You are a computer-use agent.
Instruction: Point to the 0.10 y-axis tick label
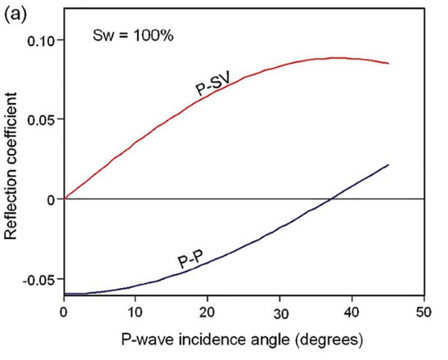(x=41, y=40)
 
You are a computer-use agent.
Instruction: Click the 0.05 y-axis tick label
(x=41, y=120)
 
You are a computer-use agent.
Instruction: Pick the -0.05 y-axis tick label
(x=39, y=279)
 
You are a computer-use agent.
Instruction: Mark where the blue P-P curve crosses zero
(x=332, y=199)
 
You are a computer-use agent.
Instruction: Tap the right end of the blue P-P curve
(x=388, y=165)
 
